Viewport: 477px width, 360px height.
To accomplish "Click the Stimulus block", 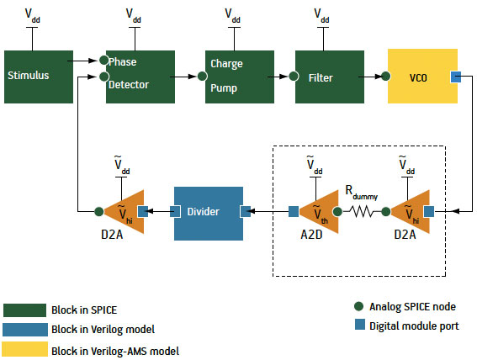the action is click(x=39, y=77).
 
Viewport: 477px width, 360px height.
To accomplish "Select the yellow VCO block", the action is click(x=422, y=76).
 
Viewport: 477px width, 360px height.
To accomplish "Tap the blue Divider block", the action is click(x=209, y=214).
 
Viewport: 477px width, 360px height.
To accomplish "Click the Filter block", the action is click(x=330, y=77).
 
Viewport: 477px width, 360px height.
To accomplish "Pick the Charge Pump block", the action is click(x=240, y=77).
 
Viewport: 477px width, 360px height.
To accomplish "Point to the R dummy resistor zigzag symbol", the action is click(x=362, y=211).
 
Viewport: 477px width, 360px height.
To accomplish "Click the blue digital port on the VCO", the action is click(x=456, y=77).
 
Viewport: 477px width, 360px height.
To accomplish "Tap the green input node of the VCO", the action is click(x=386, y=76).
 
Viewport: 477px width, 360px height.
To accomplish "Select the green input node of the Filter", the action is click(x=294, y=76).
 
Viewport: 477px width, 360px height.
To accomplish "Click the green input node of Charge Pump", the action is click(x=202, y=76).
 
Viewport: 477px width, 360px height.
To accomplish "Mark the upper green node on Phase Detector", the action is click(x=104, y=61).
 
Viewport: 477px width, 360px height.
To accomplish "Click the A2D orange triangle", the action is click(x=319, y=212).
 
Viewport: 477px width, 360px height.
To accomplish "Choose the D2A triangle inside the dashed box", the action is click(x=410, y=212).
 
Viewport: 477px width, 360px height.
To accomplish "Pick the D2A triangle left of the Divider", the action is click(x=124, y=212).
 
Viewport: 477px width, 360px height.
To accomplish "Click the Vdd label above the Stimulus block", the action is click(x=32, y=15).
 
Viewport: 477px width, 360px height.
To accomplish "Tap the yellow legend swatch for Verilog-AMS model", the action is click(x=25, y=349).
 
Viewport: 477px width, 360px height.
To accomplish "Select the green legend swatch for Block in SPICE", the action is click(x=25, y=310).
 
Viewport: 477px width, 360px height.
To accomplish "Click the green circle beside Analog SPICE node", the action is click(x=359, y=306).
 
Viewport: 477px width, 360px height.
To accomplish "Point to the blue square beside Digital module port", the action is click(x=360, y=325).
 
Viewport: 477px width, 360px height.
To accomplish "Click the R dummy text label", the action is click(x=362, y=193).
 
